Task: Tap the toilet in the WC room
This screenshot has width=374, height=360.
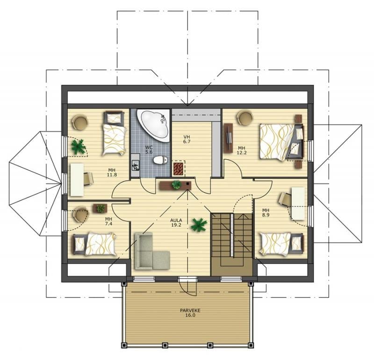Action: point(160,160)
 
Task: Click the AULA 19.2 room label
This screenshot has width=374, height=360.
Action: point(176,222)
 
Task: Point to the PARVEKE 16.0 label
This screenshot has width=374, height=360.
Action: point(190,313)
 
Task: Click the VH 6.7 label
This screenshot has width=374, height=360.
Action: point(187,139)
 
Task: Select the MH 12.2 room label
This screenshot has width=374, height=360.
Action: point(241,150)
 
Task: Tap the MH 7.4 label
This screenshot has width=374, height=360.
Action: point(108,221)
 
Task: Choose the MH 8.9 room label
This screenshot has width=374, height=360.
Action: point(266,212)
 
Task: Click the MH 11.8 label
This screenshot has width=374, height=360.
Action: point(112,172)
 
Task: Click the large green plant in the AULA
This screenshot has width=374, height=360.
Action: point(199,225)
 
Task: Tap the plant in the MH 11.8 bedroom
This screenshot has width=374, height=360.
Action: point(78,147)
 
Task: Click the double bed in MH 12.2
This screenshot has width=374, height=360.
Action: point(282,141)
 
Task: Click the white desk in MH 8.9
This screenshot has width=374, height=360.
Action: point(298,204)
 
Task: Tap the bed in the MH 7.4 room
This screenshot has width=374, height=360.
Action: point(94,244)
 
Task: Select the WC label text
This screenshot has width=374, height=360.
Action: point(149,147)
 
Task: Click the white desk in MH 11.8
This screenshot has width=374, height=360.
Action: point(77,180)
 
